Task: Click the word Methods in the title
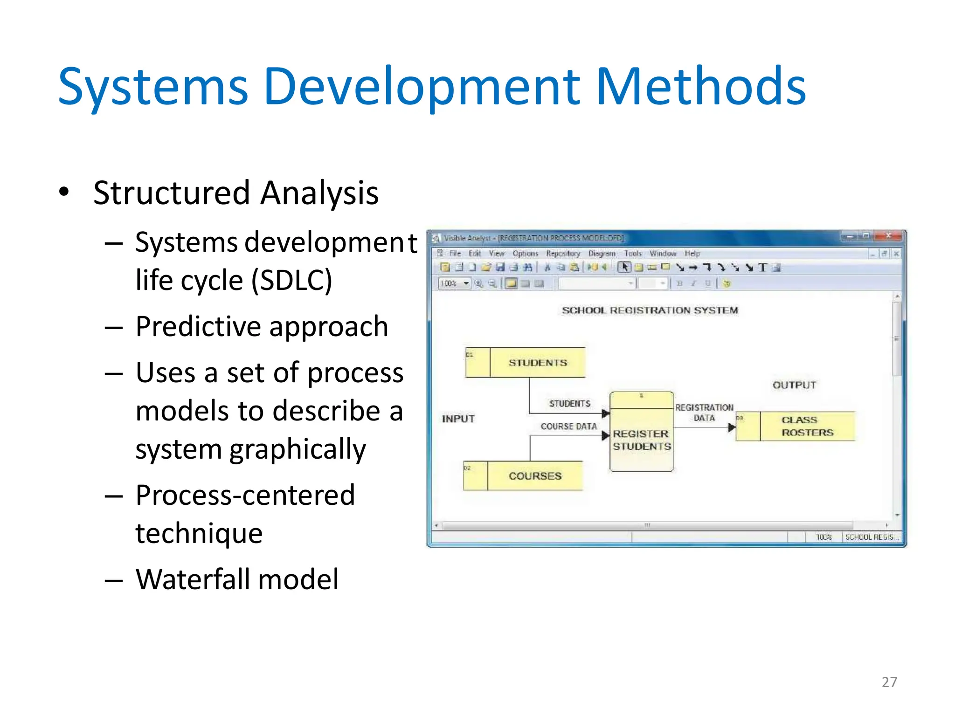tap(700, 87)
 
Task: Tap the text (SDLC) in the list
tap(291, 280)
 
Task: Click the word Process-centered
tap(245, 495)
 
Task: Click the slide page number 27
tap(889, 682)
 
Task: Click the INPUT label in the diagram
tap(458, 419)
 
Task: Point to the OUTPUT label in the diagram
tap(794, 385)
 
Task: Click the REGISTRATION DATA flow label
tap(704, 413)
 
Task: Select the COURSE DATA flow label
tap(568, 427)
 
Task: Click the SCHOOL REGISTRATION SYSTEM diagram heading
tap(650, 310)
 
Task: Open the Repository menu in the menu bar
tap(563, 254)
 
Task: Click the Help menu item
tap(692, 254)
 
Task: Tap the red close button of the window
tap(888, 236)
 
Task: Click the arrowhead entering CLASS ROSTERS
tap(732, 427)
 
